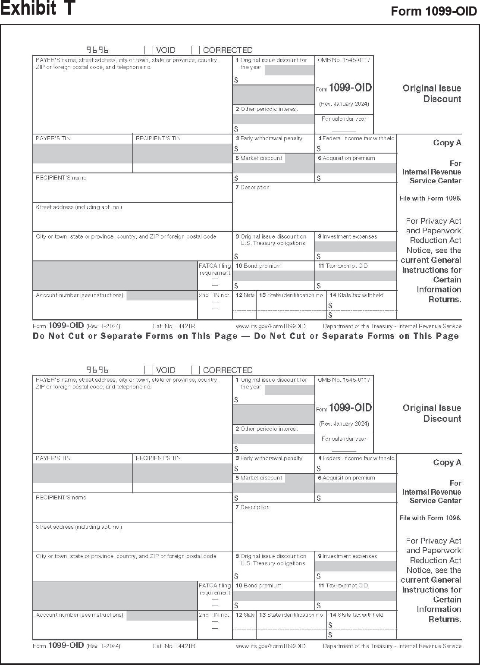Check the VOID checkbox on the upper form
149,50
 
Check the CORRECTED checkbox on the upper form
195,50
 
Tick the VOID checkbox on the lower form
149,370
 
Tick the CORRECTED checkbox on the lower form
195,370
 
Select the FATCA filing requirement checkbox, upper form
215,282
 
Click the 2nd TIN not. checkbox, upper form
215,305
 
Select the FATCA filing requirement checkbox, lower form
215,602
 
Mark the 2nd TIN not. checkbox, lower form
215,625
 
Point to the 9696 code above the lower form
97,370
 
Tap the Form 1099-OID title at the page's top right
433,12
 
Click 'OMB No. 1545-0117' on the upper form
344,60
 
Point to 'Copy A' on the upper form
447,143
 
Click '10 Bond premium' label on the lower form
258,586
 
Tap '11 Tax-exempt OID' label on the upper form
343,266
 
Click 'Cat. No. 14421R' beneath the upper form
174,326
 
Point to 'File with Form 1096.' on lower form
430,518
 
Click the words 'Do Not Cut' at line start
59,336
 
